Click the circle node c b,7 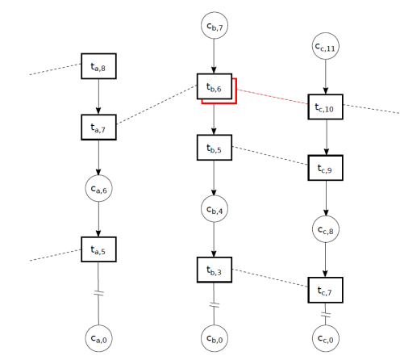[x=215, y=25]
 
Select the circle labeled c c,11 [x=325, y=46]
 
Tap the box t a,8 [x=98, y=66]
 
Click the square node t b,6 [x=215, y=86]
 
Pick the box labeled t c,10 [x=325, y=107]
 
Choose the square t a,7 [x=98, y=128]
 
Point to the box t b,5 [x=215, y=148]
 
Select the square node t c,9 [x=325, y=168]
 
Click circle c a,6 [x=98, y=188]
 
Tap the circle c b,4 [x=215, y=209]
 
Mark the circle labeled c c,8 [x=325, y=229]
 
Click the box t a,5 [x=98, y=249]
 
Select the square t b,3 [x=215, y=270]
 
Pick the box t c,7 [x=325, y=290]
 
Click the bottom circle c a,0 [x=98, y=338]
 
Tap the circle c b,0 [x=215, y=338]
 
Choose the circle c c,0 [x=325, y=338]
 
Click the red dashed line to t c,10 [x=273, y=97]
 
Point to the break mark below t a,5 [x=98, y=293]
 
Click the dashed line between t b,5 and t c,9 [x=270, y=156]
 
